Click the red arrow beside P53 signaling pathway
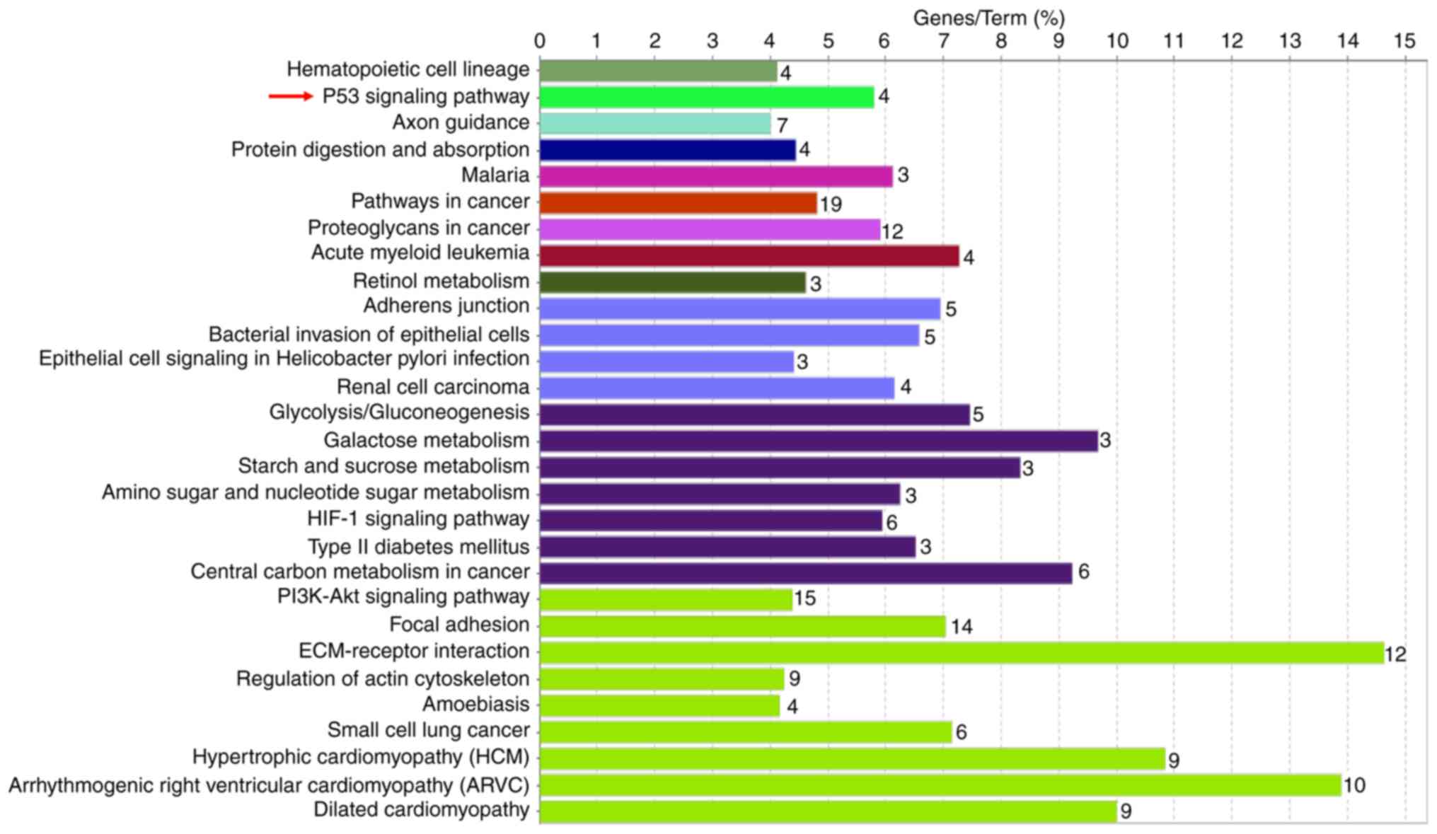(x=290, y=96)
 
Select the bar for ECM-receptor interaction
(x=961, y=652)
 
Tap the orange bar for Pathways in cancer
(x=678, y=203)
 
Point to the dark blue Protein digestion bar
(x=667, y=150)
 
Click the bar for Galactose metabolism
(x=818, y=441)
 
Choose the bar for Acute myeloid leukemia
(x=749, y=255)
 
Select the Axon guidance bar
(x=654, y=124)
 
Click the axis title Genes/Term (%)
(x=988, y=18)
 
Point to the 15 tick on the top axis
(x=1404, y=41)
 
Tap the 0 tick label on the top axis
(x=540, y=41)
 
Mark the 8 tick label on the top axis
(x=1000, y=41)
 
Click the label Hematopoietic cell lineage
(x=408, y=69)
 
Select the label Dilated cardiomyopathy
(x=421, y=810)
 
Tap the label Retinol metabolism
(x=441, y=281)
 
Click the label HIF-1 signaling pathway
(x=417, y=519)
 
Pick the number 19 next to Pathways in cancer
(x=831, y=204)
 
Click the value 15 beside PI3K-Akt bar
(x=804, y=598)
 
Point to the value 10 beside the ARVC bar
(x=1354, y=785)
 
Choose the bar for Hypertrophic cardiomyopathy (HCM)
(x=852, y=759)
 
